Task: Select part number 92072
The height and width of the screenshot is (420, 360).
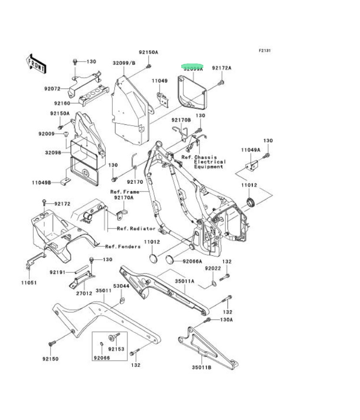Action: (52, 89)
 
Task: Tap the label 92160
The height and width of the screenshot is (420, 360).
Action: (62, 103)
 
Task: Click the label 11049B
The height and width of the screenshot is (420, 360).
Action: (43, 183)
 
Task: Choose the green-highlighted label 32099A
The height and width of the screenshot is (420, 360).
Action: (192, 68)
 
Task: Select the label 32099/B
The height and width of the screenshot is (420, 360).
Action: (124, 63)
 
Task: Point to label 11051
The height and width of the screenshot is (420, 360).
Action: (27, 282)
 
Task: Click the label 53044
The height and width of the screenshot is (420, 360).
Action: (121, 286)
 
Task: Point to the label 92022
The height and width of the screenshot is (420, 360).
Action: (212, 268)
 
